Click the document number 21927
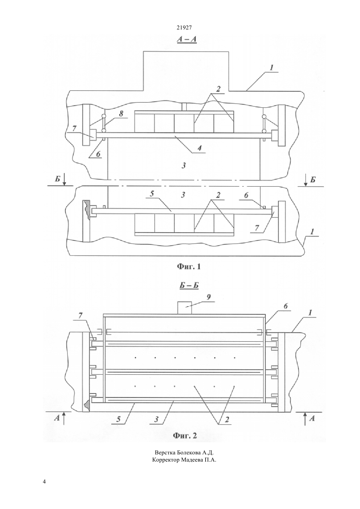point(184,27)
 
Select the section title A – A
point(187,39)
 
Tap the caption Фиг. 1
point(189,266)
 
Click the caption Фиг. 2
point(185,435)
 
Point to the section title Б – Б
point(189,286)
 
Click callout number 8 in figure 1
point(121,114)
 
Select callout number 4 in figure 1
point(199,148)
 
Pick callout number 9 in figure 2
point(209,297)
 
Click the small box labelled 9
point(184,307)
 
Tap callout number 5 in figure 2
point(118,419)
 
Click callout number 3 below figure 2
point(156,419)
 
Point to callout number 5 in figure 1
point(152,194)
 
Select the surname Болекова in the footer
point(189,453)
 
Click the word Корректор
point(166,460)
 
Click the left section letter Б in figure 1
point(58,179)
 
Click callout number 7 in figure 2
point(81,316)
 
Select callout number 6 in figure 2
point(285,306)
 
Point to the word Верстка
point(165,453)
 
